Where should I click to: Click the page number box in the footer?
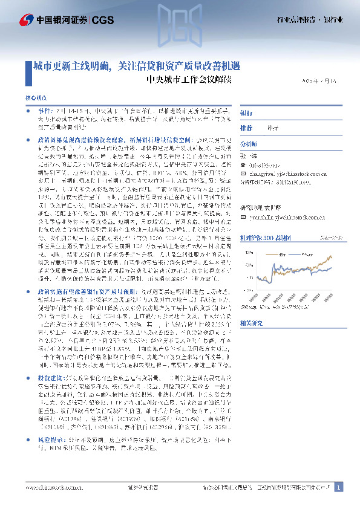point(339,487)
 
